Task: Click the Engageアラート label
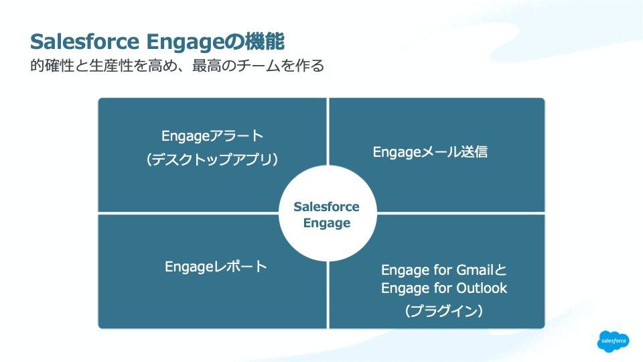[213, 135]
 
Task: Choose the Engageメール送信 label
[430, 152]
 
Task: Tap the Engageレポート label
[216, 267]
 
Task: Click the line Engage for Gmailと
[444, 270]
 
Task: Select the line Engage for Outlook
[444, 288]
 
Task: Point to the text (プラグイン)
[444, 311]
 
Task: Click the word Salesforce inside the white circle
[327, 206]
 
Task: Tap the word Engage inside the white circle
[327, 223]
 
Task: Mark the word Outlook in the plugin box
[482, 288]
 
